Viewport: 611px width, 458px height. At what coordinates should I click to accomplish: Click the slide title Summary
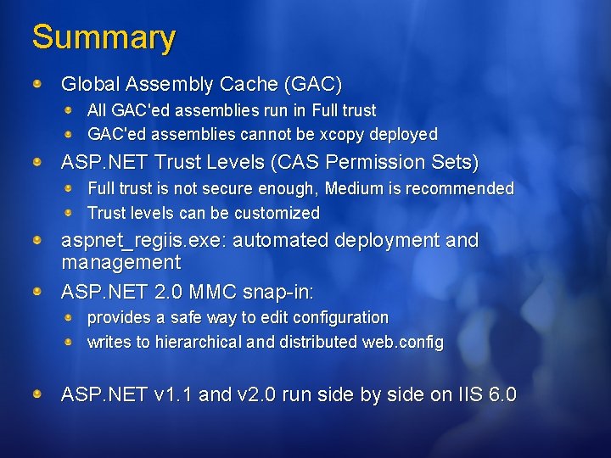(104, 38)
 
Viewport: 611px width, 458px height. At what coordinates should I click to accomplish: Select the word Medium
(353, 188)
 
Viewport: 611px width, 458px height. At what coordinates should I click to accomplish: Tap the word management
(121, 263)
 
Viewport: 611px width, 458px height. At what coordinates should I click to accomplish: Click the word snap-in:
(278, 293)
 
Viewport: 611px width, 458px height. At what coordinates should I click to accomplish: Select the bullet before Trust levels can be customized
(73, 212)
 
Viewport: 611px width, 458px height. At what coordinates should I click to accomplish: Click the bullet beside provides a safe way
(73, 317)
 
